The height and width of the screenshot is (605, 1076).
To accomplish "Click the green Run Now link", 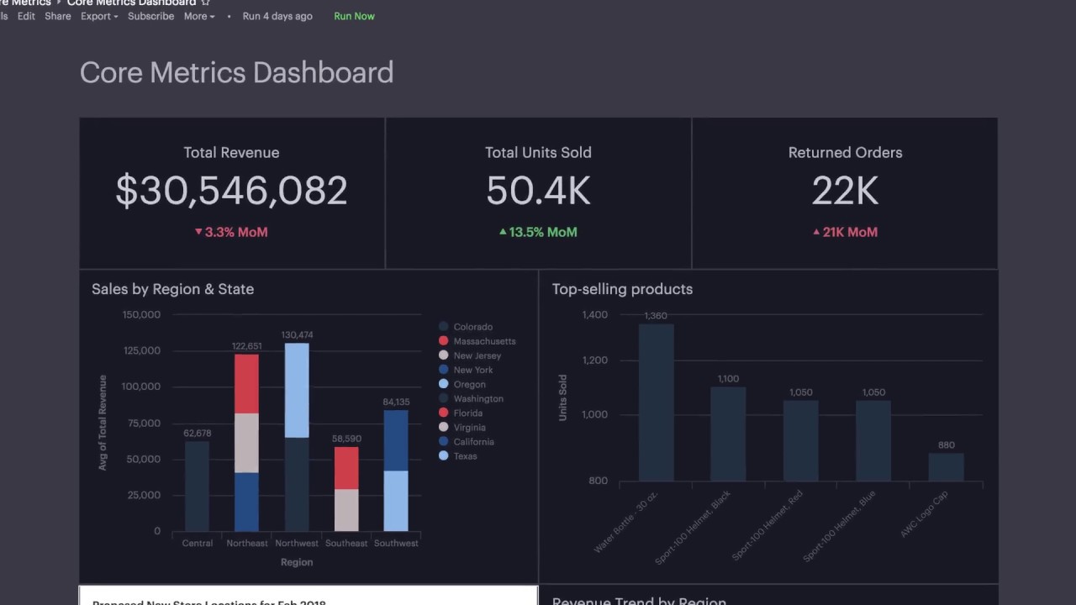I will pos(354,16).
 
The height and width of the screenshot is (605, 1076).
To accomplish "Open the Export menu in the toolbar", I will pos(99,16).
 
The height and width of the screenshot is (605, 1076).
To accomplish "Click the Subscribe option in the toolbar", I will pos(150,16).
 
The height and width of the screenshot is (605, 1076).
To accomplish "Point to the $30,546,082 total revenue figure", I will pos(231,191).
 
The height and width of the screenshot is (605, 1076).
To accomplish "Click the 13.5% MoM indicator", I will pos(538,232).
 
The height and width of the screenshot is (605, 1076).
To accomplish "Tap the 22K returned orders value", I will pos(845,191).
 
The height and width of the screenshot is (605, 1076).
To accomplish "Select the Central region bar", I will pos(197,487).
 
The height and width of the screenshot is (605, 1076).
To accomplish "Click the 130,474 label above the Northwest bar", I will pos(297,334).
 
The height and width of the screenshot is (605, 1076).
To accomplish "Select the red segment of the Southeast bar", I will pos(346,468).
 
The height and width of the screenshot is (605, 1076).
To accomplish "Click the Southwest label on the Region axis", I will pos(396,543).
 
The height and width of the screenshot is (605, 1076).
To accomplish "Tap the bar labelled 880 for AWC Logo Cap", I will pos(946,466).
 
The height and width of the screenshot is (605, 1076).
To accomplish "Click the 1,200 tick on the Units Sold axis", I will pos(594,360).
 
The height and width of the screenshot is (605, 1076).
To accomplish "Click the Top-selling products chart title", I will pos(622,289).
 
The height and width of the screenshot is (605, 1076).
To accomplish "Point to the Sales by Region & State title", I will pos(172,289).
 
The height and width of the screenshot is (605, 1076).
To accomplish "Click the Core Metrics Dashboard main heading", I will pos(236,72).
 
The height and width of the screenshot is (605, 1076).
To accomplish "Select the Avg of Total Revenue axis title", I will pos(103,423).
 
